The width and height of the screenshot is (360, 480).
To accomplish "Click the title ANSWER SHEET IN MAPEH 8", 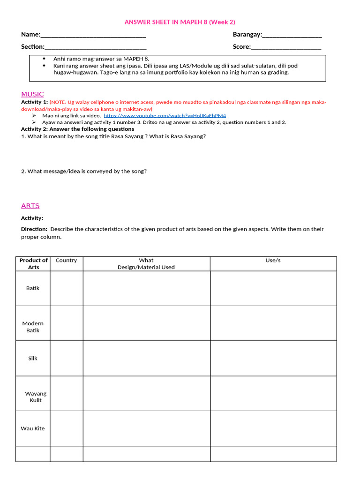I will click(180, 22).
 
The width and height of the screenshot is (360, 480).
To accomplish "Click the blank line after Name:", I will click(93, 35).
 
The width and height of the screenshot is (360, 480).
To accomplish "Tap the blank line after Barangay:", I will click(292, 35).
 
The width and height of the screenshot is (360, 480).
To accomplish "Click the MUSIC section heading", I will click(32, 94).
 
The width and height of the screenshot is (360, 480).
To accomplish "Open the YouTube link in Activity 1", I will click(165, 115).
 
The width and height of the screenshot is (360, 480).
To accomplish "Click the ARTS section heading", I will click(30, 206).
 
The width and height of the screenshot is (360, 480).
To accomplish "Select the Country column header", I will click(66, 261).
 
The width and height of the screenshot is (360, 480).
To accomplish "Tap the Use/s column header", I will click(273, 261).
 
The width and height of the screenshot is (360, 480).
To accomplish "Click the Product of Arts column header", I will click(33, 263).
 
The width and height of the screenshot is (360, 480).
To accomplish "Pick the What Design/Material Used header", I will click(146, 263).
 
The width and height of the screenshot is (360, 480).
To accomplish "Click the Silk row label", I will click(33, 359).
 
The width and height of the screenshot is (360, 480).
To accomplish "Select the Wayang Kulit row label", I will click(36, 397).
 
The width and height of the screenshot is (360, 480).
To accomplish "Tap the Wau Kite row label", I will click(33, 428).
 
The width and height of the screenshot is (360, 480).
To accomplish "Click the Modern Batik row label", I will click(33, 327).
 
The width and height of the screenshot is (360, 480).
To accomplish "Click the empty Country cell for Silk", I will click(67, 359).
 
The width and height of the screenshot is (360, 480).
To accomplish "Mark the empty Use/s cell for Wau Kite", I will click(273, 428).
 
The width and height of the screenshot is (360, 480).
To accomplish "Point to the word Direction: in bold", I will click(34, 229).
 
